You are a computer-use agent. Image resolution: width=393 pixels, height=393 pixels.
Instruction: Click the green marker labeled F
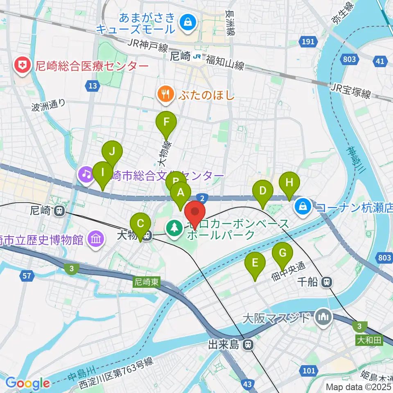coord(166,122)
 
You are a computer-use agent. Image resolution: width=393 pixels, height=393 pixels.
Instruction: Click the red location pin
coord(195,213)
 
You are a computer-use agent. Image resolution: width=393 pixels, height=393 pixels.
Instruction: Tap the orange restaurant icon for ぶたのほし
coord(165,95)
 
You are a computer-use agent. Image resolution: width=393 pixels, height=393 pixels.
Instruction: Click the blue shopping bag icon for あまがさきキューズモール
coord(187,21)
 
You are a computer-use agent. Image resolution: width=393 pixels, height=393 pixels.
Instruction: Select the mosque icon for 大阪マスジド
coord(323,317)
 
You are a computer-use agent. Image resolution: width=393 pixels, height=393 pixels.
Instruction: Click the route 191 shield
coord(309,41)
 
